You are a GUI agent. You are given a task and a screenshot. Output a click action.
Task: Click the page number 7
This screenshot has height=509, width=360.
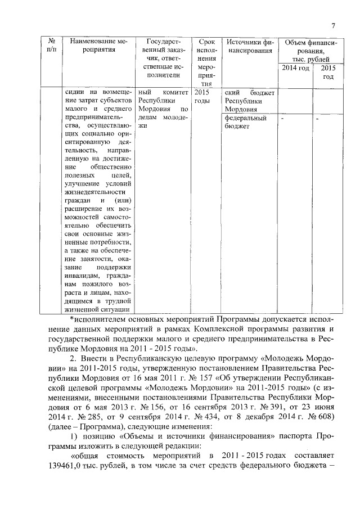point(333,25)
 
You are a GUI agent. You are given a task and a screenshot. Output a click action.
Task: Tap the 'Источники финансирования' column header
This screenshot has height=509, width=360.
point(249,46)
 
